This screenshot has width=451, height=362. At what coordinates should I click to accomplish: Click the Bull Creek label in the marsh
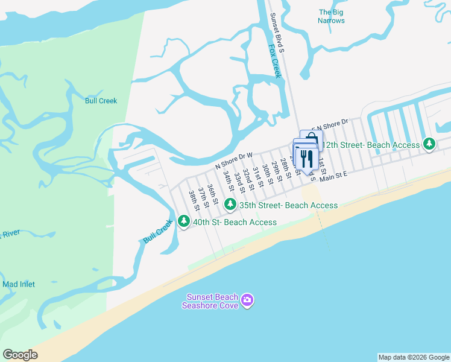pyautogui.click(x=101, y=101)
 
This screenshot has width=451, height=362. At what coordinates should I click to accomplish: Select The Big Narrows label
pyautogui.click(x=332, y=16)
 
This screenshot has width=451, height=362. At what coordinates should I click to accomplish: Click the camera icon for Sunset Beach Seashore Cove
pyautogui.click(x=247, y=300)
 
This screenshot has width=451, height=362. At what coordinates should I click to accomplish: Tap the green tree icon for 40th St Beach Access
pyautogui.click(x=184, y=221)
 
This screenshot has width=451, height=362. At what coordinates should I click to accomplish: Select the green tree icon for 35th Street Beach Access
pyautogui.click(x=230, y=205)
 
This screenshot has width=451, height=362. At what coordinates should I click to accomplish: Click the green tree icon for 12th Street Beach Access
pyautogui.click(x=429, y=144)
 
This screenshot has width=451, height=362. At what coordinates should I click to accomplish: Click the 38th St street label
pyautogui.click(x=194, y=200)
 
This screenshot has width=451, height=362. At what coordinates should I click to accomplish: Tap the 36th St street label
pyautogui.click(x=212, y=194)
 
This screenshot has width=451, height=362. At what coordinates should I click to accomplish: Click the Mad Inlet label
pyautogui.click(x=19, y=284)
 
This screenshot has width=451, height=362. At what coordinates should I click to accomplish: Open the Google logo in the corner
pyautogui.click(x=20, y=354)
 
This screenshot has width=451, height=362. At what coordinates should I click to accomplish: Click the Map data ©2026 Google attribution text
pyautogui.click(x=414, y=357)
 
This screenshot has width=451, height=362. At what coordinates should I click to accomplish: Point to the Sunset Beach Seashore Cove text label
pyautogui.click(x=212, y=300)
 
